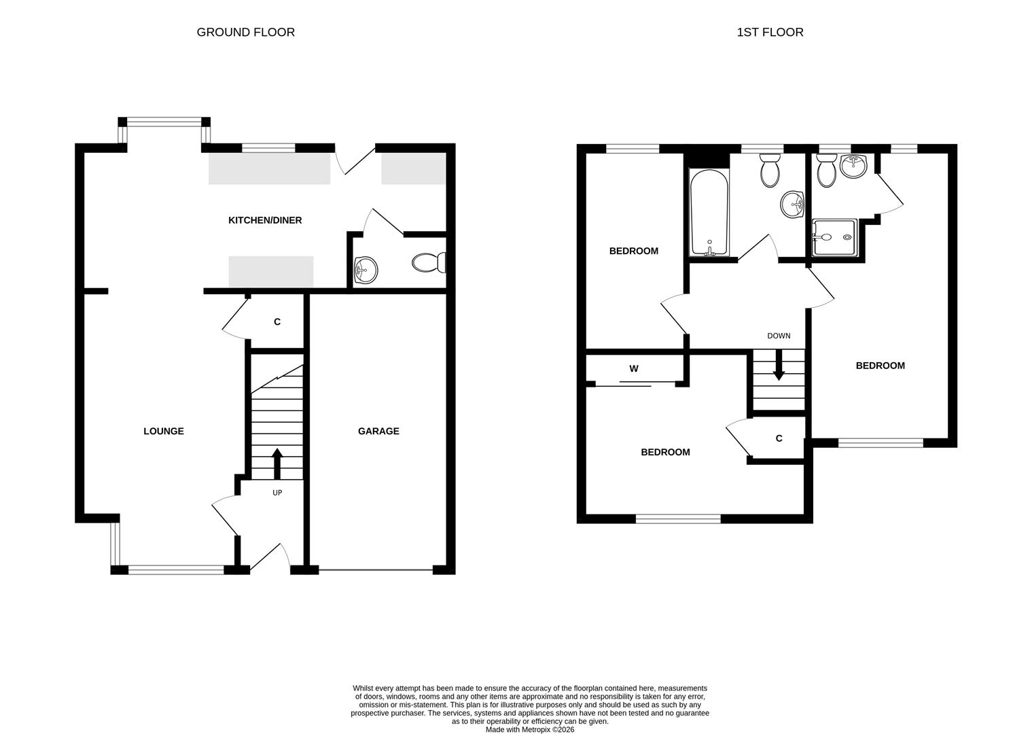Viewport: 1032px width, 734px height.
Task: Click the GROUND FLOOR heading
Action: pyautogui.click(x=245, y=32)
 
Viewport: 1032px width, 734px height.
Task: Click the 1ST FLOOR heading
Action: pyautogui.click(x=770, y=32)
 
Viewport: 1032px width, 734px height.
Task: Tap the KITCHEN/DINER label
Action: pyautogui.click(x=265, y=220)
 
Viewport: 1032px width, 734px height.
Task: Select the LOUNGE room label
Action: pyautogui.click(x=164, y=431)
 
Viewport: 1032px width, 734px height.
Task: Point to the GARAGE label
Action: pyautogui.click(x=378, y=431)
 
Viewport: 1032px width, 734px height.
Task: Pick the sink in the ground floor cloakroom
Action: pyautogui.click(x=366, y=269)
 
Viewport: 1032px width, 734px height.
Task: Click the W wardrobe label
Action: pyautogui.click(x=634, y=369)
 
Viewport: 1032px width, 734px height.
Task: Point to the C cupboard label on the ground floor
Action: pyautogui.click(x=277, y=321)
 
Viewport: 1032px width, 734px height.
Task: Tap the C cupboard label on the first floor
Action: pyautogui.click(x=779, y=438)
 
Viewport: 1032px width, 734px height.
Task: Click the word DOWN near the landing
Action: pyautogui.click(x=779, y=336)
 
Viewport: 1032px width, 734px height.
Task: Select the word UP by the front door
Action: pyautogui.click(x=277, y=493)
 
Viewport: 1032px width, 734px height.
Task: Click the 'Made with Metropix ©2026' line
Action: pyautogui.click(x=530, y=729)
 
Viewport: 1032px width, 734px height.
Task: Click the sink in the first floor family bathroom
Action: pyautogui.click(x=792, y=204)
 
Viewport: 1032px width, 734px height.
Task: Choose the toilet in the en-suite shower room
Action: pyautogui.click(x=827, y=171)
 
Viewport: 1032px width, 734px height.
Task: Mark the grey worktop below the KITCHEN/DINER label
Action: pyautogui.click(x=271, y=271)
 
